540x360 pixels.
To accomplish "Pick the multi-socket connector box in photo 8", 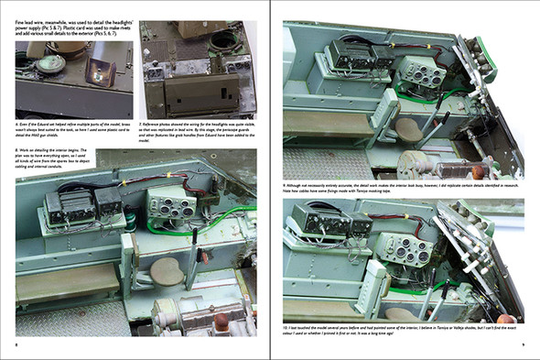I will (x=171, y=210).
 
